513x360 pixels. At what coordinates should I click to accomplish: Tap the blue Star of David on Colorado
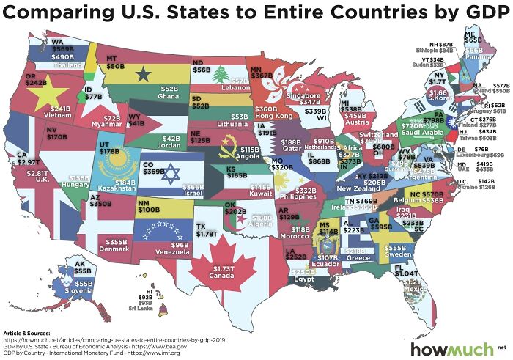(171, 175)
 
